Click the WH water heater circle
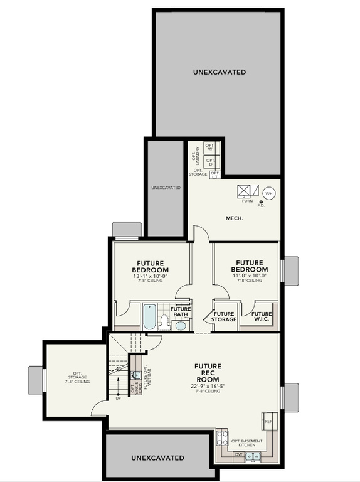[x=270, y=193]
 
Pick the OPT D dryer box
[x=211, y=162]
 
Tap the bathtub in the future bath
[x=149, y=318]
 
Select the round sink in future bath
[x=181, y=325]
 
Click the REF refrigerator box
[x=267, y=421]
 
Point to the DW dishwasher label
[x=239, y=454]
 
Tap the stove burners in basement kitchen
[x=221, y=436]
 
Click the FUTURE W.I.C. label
[x=261, y=317]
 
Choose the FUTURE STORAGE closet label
[x=225, y=317]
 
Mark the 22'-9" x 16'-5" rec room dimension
[x=207, y=385]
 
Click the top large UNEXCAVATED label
[x=219, y=72]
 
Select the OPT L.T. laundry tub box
[x=215, y=174]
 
